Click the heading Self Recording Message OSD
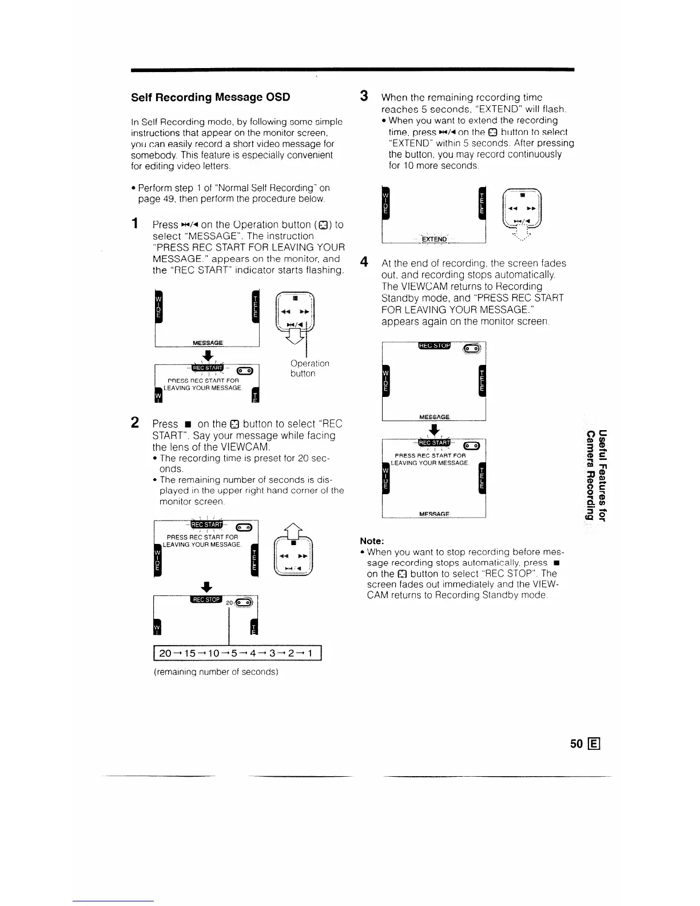click(x=210, y=97)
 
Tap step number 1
click(x=135, y=224)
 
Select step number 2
click(x=135, y=423)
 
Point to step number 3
click(x=363, y=96)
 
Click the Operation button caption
click(x=309, y=368)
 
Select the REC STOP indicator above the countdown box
click(x=206, y=599)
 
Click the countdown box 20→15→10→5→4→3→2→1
click(x=238, y=653)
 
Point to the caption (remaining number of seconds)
click(x=216, y=671)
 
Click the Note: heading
click(x=372, y=541)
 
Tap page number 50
click(x=576, y=744)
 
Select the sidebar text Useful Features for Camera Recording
click(x=595, y=475)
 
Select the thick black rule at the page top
click(x=352, y=69)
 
